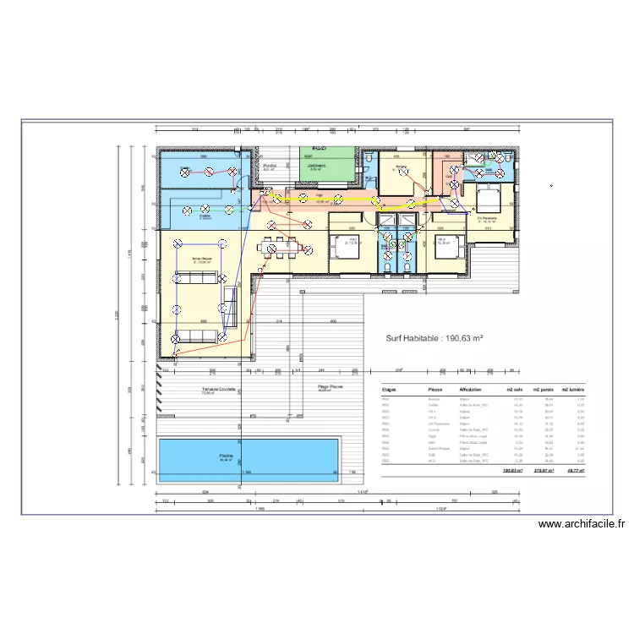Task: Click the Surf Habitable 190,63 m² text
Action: pos(434,337)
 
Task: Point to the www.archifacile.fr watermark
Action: pos(583,524)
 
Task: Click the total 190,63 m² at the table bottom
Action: pos(512,470)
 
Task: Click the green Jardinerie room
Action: pos(316,167)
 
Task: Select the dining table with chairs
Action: pos(279,249)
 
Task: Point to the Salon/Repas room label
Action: pos(201,260)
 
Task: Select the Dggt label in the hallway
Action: pos(320,196)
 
